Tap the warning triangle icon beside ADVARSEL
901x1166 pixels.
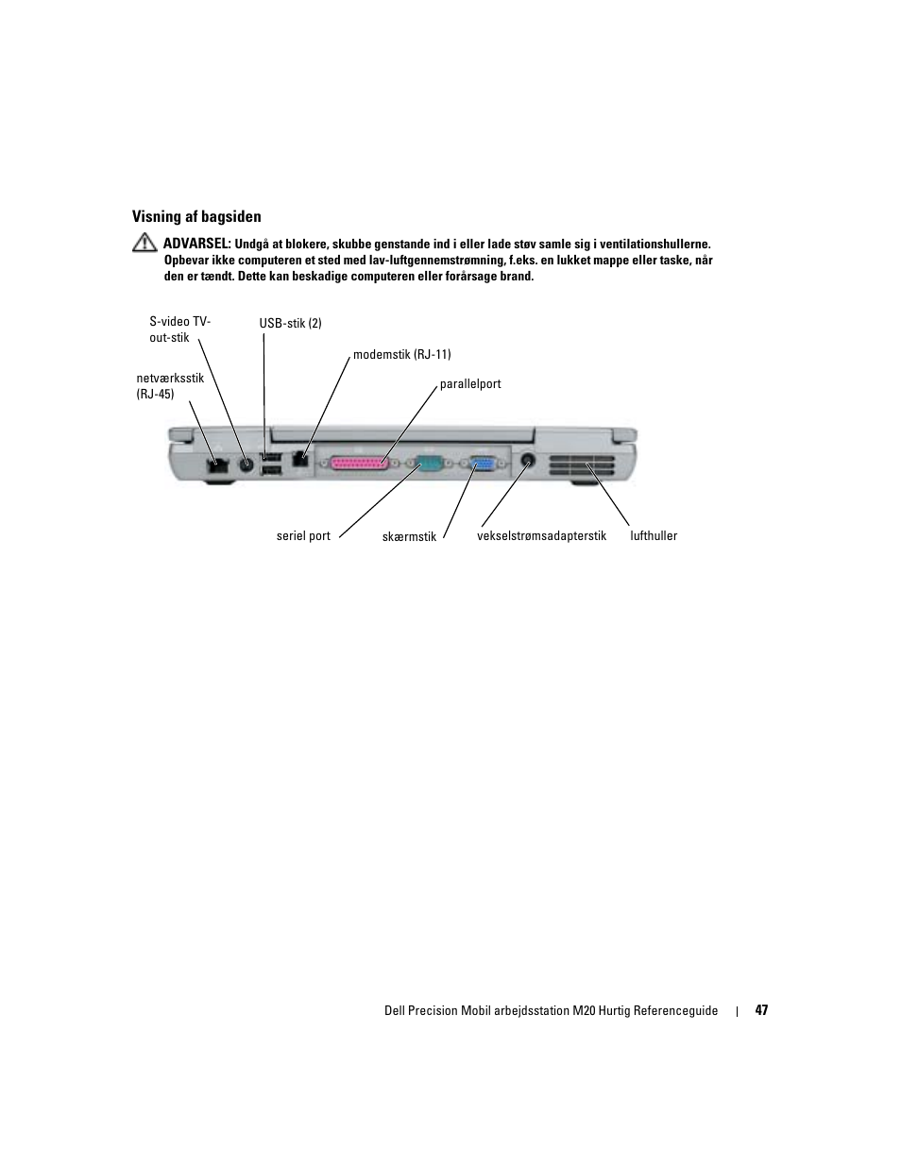coord(144,244)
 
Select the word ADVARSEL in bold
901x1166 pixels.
coord(197,244)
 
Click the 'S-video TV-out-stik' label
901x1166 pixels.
coord(179,330)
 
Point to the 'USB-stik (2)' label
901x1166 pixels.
coord(290,323)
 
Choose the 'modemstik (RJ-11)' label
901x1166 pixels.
coord(401,355)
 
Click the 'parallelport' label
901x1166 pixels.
coord(470,384)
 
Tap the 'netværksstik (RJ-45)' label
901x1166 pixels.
coord(170,386)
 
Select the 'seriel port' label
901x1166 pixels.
coord(303,535)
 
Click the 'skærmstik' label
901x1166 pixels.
coord(409,536)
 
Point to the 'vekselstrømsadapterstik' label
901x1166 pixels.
coord(541,535)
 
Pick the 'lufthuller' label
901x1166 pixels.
coord(654,535)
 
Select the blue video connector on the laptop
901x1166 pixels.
coord(484,464)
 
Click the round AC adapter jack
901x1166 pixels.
coord(529,462)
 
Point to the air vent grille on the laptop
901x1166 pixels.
coord(580,465)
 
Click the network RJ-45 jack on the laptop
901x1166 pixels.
coord(217,464)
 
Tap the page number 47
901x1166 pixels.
coord(761,1010)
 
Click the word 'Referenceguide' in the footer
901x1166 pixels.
coord(674,1010)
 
